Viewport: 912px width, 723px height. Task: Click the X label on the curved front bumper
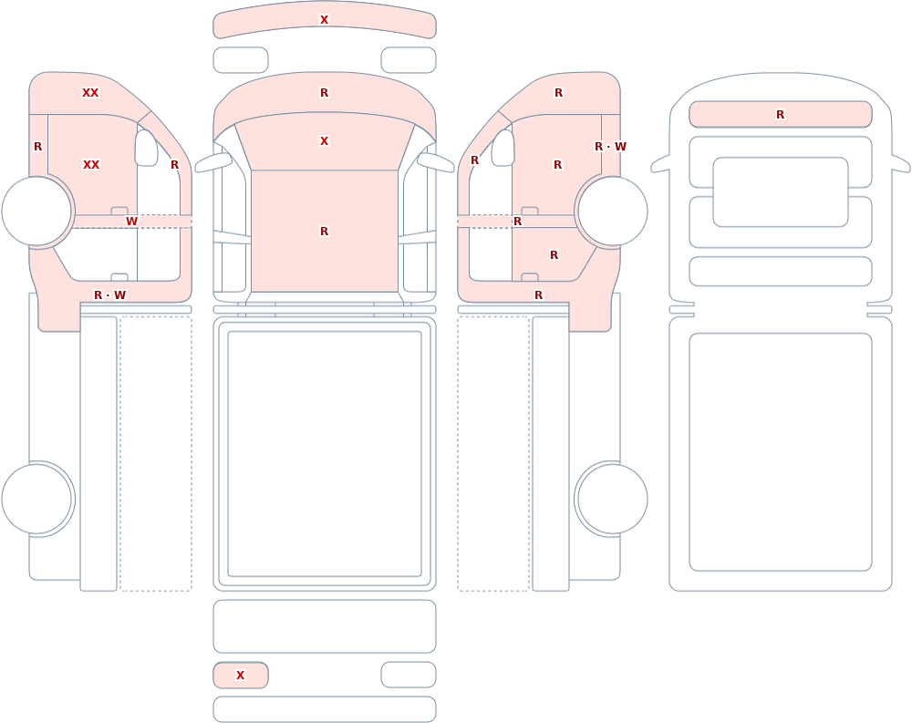click(x=324, y=20)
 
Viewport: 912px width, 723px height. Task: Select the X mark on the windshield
click(x=324, y=141)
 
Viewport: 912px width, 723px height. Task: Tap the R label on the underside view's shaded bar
click(x=780, y=115)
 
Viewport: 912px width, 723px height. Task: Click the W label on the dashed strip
click(x=131, y=222)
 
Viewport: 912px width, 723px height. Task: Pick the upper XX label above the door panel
click(x=90, y=93)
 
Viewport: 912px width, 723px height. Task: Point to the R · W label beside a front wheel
click(x=610, y=147)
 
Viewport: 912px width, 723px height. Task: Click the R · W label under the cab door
click(x=110, y=295)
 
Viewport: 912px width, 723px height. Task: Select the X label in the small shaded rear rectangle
click(x=240, y=676)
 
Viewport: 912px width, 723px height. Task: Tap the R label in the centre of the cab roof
click(x=324, y=232)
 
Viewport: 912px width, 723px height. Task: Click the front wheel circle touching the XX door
click(x=36, y=212)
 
